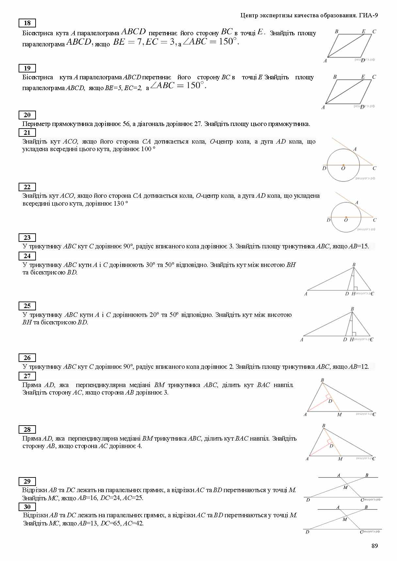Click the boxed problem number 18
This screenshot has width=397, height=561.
27,23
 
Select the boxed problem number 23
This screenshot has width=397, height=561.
27,238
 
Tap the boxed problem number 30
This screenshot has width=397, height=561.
27,507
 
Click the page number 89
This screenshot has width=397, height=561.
374,546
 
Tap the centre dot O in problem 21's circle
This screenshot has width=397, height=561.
343,165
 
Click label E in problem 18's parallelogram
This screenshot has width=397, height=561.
363,31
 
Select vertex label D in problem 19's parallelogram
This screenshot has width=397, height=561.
362,107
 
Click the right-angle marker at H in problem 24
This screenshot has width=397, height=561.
356,288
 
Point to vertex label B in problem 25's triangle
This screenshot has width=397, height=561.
352,309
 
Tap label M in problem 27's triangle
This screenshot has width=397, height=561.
340,414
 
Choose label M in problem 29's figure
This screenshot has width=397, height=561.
345,487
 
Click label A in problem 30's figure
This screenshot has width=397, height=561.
338,507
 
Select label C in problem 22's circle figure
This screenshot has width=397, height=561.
374,220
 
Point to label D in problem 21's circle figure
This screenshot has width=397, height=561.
324,168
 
